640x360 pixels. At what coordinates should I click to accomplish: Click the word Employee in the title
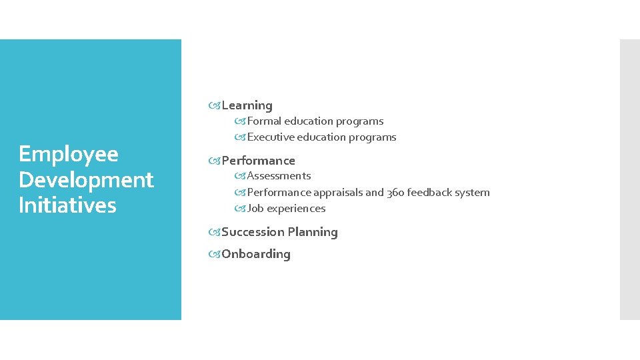coord(69,154)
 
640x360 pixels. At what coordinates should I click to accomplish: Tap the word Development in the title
coord(86,180)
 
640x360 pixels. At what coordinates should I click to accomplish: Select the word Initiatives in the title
coord(67,205)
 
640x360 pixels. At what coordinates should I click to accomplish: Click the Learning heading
coord(247,105)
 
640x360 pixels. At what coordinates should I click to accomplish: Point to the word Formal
coord(264,121)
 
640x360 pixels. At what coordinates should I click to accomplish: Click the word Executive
coord(271,137)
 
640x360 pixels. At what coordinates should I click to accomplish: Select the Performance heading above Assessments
coord(258,161)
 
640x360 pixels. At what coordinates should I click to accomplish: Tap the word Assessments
coord(279,176)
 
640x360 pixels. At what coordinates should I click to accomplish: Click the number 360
coord(395,193)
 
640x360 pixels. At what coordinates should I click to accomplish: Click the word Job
coord(255,209)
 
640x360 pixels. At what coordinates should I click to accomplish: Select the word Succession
coord(252,232)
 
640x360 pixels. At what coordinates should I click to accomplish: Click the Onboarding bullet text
coord(256,254)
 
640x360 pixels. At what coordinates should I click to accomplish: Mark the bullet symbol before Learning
coord(215,105)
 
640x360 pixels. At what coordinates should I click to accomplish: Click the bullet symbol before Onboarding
coord(215,254)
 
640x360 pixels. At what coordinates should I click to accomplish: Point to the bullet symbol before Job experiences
coord(240,209)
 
